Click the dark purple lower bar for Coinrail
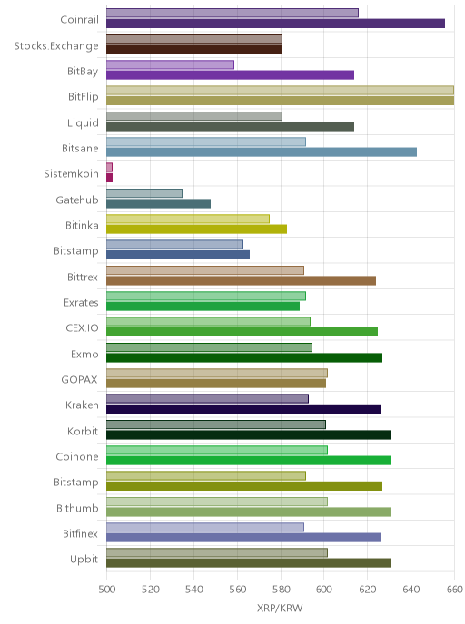(x=275, y=24)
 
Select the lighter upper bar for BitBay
(x=170, y=64)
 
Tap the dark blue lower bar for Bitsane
(x=262, y=152)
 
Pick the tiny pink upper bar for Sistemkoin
(x=109, y=167)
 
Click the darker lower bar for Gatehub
(x=158, y=203)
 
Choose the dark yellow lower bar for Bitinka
(x=196, y=229)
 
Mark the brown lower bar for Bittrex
(x=241, y=280)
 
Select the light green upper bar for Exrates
(x=206, y=296)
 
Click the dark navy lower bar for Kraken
(x=243, y=409)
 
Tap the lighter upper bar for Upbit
(x=217, y=552)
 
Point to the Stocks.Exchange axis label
(x=56, y=46)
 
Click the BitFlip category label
(x=84, y=97)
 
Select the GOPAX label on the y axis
(x=79, y=380)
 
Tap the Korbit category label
(x=83, y=431)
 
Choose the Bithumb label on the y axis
(x=77, y=508)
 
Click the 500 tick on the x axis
(x=107, y=590)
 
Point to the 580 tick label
(x=281, y=590)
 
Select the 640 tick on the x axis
(x=411, y=590)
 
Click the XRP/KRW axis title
(x=280, y=608)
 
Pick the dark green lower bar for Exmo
(x=244, y=357)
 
